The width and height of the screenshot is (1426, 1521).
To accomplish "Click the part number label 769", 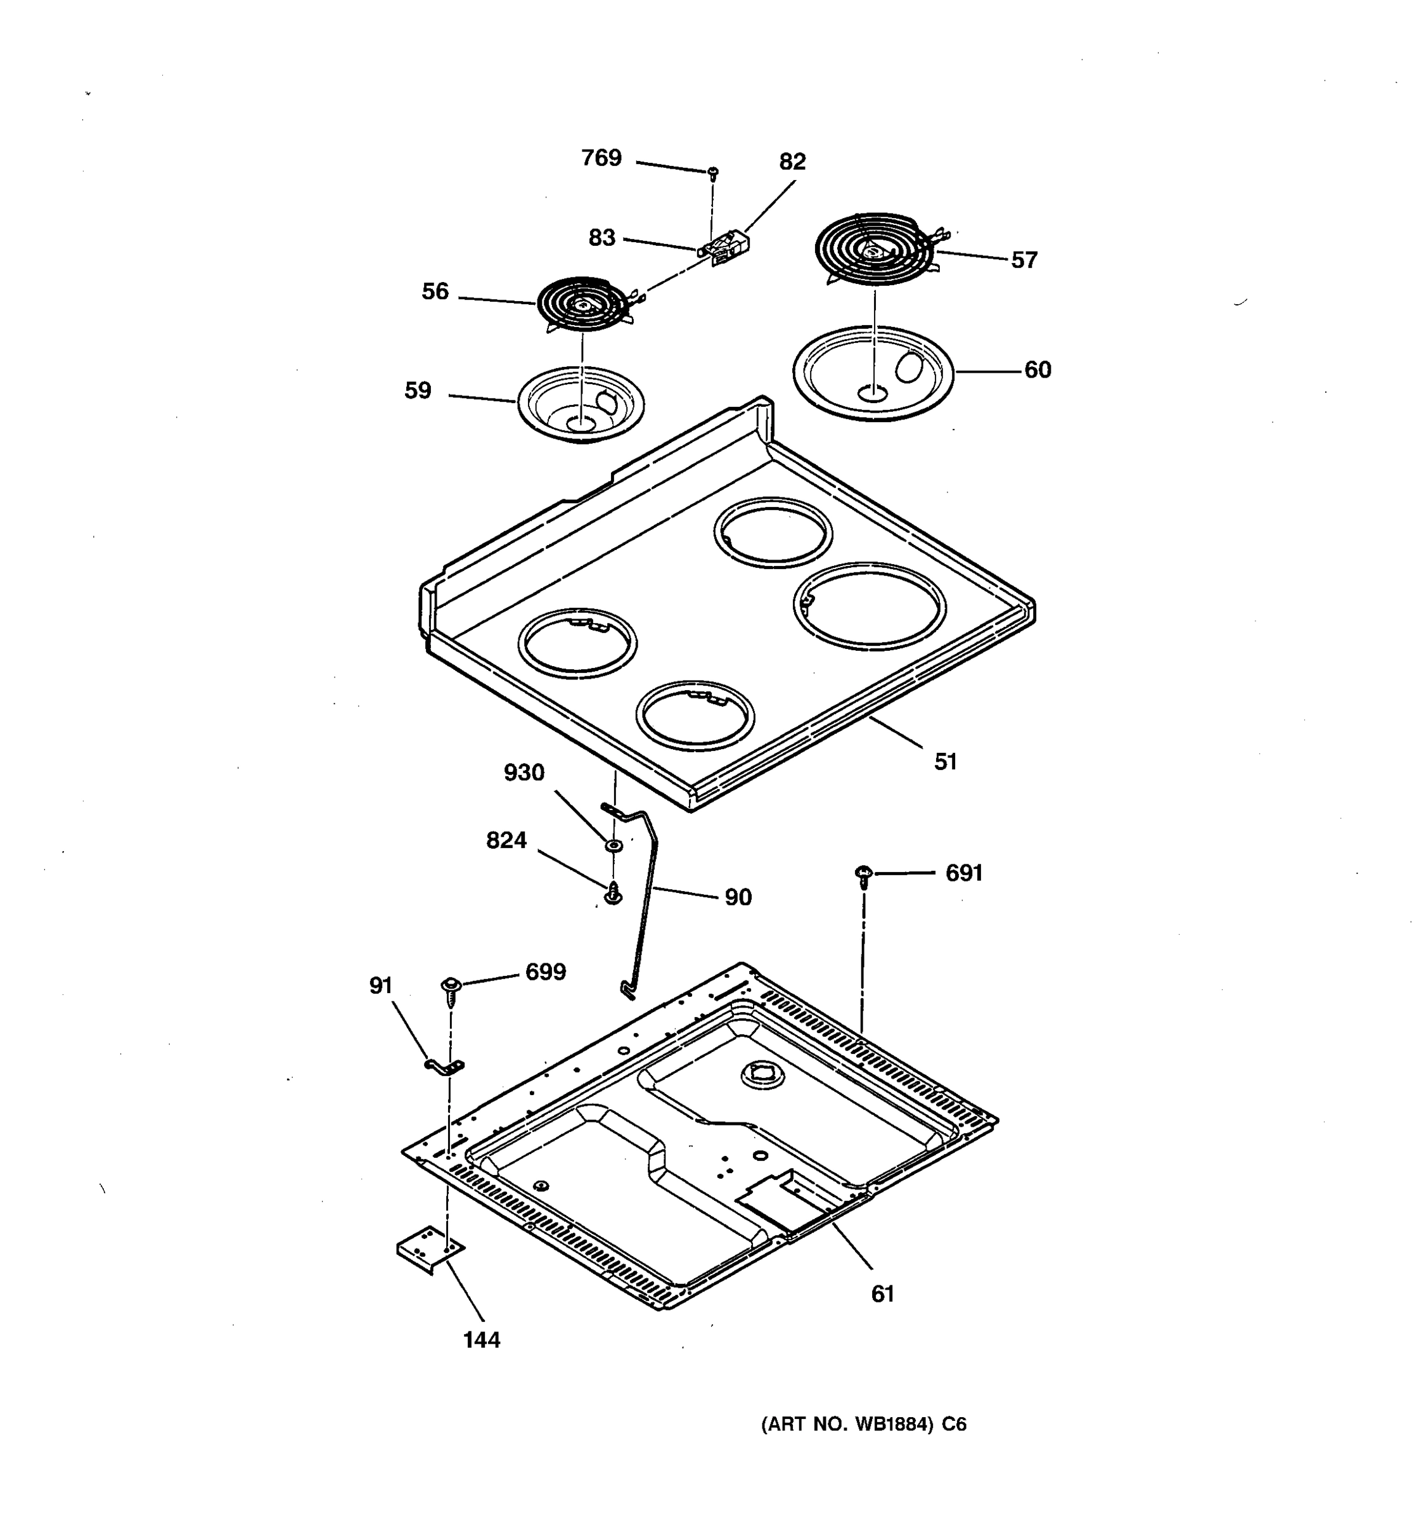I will (601, 158).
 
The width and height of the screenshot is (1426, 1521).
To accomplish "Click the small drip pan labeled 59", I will (581, 405).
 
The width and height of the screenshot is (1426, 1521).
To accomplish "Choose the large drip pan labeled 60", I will (873, 373).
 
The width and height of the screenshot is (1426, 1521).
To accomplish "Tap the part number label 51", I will (946, 761).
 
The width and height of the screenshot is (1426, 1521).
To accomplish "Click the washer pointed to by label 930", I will (613, 845).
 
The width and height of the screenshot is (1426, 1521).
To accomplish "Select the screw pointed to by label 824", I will (613, 894).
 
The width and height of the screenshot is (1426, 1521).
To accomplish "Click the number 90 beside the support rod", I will (738, 897).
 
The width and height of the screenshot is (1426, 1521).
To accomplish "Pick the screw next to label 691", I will (864, 874).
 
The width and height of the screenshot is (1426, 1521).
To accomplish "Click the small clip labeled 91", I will (444, 1067).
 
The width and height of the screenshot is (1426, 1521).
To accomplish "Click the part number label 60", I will (1037, 370).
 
